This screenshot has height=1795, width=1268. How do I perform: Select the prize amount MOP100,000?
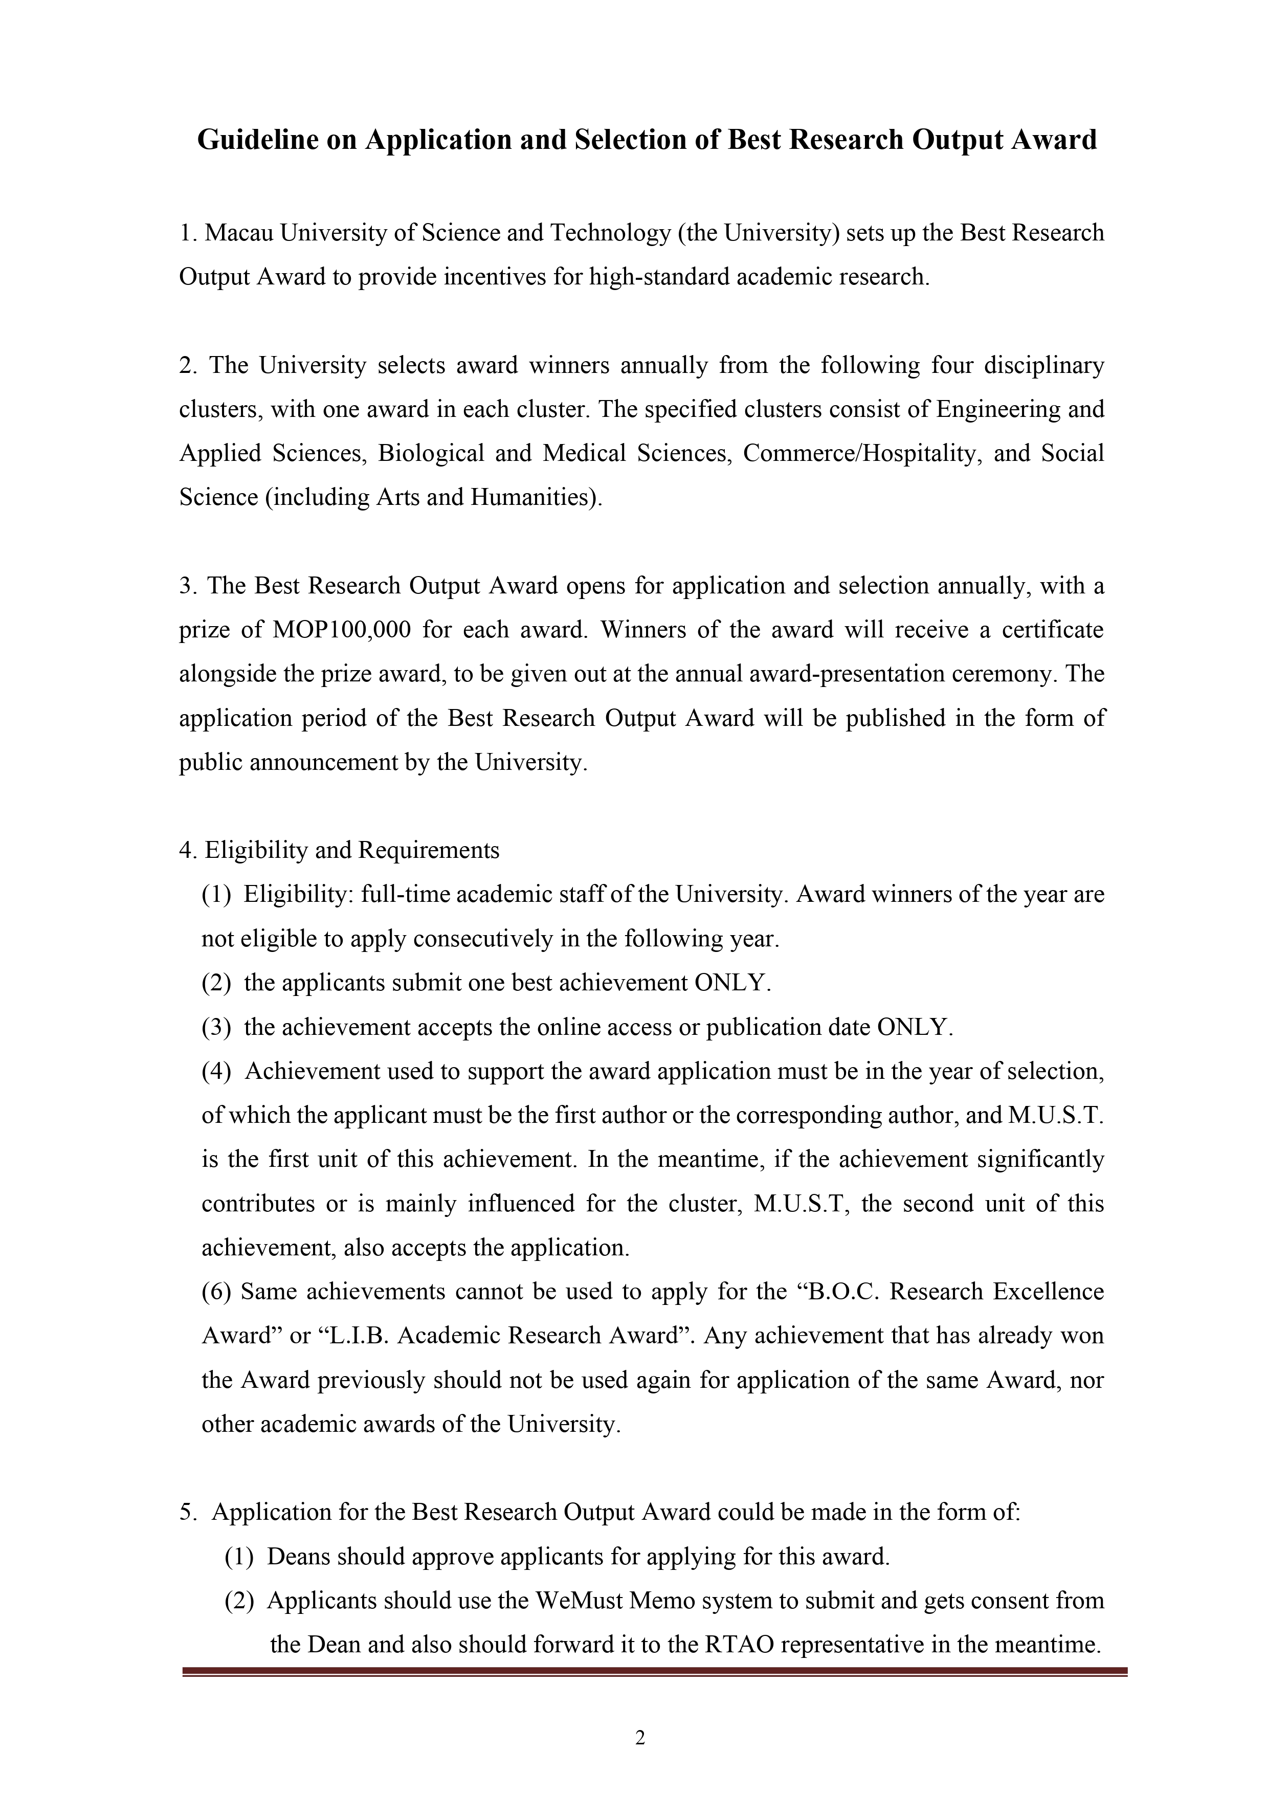point(342,630)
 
